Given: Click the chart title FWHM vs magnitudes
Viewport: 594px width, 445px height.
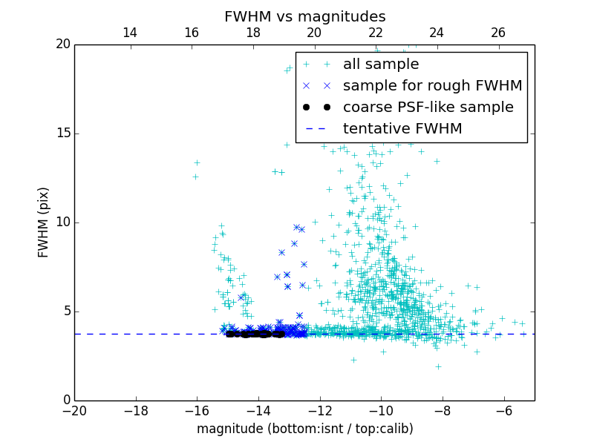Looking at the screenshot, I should (304, 16).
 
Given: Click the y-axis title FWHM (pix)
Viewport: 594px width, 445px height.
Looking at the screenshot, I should (44, 222).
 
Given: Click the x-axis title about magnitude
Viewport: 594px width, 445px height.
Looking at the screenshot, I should (304, 429).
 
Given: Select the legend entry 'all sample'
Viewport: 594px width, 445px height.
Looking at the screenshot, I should (380, 65).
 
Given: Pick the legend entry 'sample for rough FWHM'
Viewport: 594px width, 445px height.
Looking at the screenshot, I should (432, 86).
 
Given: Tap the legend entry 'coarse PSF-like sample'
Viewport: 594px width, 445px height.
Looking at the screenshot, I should (428, 108).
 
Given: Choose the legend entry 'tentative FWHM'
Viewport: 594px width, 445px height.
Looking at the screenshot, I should (402, 129).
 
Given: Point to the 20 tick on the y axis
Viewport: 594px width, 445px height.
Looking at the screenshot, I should (62, 44).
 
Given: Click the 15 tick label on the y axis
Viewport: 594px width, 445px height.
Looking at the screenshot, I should (62, 133).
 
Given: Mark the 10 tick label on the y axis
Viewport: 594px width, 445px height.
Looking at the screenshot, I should (62, 222).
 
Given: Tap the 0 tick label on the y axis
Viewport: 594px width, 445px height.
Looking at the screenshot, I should (65, 400).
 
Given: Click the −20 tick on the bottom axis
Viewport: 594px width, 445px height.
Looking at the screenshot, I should (74, 411).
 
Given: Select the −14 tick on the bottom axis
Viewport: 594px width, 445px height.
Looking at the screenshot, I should (258, 411).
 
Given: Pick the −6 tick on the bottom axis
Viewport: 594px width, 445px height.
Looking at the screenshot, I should (504, 411).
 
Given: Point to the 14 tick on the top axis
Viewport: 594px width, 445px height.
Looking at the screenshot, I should (130, 33).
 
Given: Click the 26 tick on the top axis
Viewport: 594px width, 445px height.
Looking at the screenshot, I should (498, 33).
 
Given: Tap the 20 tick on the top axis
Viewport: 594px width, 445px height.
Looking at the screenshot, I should (314, 33).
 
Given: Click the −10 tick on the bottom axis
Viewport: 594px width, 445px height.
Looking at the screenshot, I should (381, 411).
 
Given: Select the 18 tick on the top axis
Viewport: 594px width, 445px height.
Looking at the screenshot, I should (252, 33).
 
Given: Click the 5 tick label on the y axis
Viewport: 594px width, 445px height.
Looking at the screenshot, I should (65, 311).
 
